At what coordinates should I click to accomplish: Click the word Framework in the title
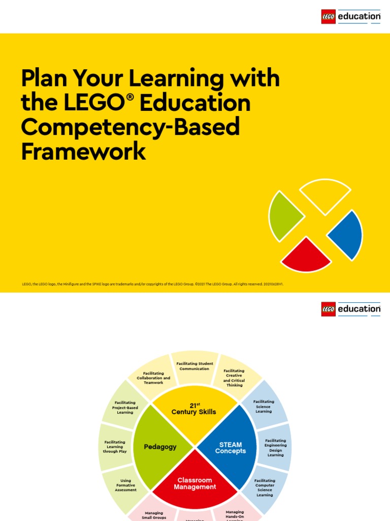point(84,151)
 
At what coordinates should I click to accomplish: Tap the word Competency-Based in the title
point(130,127)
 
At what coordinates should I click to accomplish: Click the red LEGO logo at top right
point(329,17)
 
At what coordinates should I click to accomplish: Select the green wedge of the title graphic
point(284,216)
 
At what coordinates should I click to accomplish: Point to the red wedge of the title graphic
point(306,255)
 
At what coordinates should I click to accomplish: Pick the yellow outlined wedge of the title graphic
point(325,194)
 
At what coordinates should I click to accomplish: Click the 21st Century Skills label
point(193,409)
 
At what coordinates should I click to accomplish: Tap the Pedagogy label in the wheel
point(160,447)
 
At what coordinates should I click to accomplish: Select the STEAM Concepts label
point(230,448)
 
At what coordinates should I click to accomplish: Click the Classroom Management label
point(195,483)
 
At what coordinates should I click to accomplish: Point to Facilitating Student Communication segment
point(194,366)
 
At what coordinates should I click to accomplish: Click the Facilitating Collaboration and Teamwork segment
point(153,378)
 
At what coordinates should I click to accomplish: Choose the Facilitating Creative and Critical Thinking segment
point(234,378)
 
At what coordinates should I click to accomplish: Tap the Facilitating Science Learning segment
point(264,407)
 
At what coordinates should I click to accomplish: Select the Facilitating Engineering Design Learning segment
point(275,448)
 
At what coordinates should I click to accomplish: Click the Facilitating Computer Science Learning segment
point(265,487)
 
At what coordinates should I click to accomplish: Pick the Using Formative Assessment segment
point(125,485)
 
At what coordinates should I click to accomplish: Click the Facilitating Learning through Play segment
point(115,447)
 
